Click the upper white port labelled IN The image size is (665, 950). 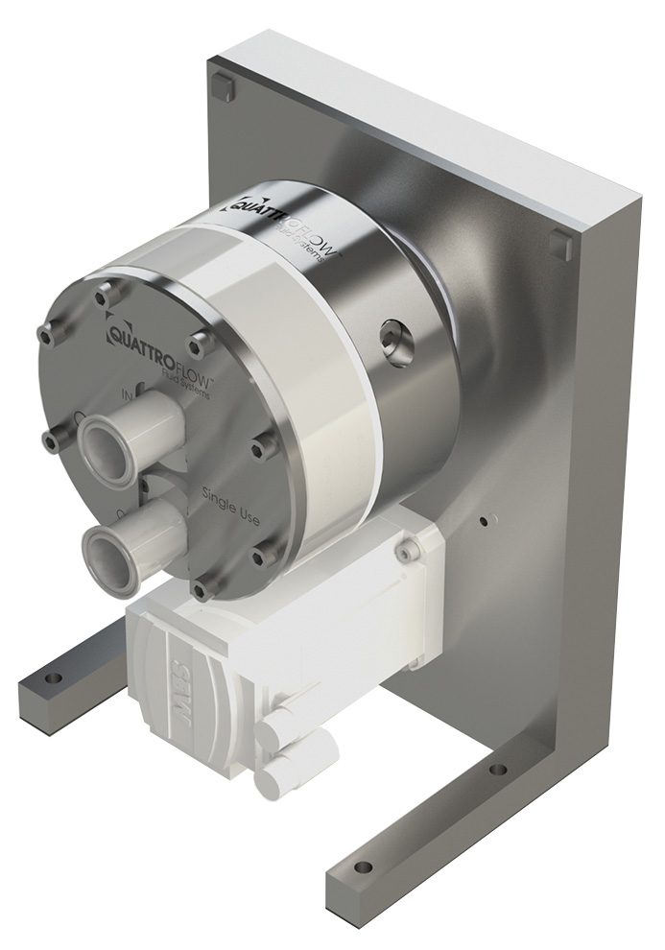[x=106, y=443]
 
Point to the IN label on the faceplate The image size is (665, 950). [x=126, y=392]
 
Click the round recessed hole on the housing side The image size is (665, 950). [x=394, y=338]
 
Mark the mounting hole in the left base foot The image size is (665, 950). [x=54, y=678]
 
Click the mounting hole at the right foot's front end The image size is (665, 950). [x=363, y=867]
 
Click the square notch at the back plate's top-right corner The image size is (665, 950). [x=560, y=246]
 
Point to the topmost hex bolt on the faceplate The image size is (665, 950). [x=103, y=297]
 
